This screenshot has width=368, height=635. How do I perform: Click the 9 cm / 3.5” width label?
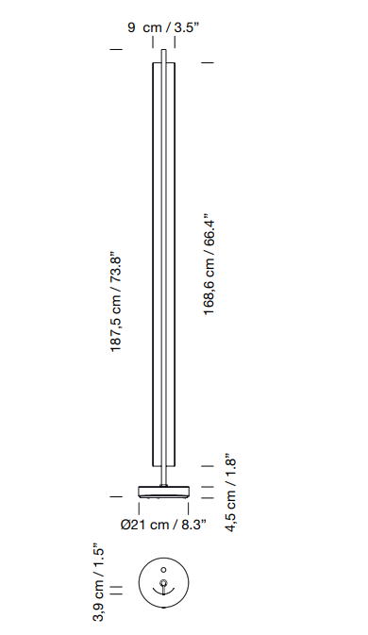point(163,27)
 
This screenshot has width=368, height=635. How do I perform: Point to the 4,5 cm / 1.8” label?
point(230,493)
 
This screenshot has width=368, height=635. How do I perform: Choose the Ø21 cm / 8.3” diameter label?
point(163,525)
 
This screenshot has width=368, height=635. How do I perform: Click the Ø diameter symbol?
point(125,525)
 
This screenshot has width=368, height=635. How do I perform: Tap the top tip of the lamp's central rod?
point(163,50)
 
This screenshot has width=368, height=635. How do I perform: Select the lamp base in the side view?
point(163,492)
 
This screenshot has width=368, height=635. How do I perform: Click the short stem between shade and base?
point(163,476)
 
